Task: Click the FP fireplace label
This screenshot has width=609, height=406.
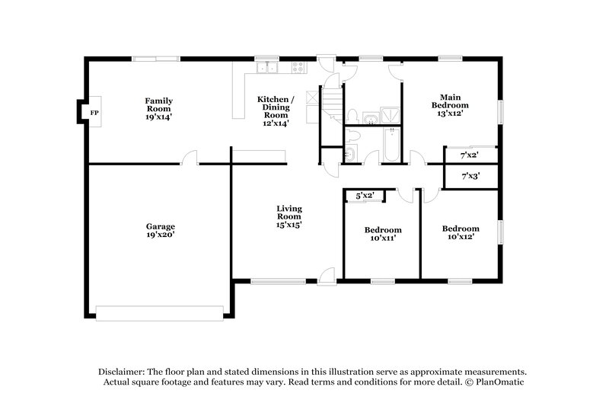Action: (94, 113)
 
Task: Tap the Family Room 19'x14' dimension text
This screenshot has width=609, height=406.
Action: (159, 117)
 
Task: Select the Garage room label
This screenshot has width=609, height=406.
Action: (161, 226)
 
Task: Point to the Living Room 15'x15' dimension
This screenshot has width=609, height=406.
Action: (289, 225)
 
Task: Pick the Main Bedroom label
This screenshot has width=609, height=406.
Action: (450, 101)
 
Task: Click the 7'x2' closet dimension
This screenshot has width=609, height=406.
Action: (469, 155)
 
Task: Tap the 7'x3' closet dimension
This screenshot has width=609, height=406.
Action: (470, 176)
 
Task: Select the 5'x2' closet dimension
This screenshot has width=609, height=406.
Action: (365, 196)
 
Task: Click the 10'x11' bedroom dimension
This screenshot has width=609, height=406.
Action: (382, 238)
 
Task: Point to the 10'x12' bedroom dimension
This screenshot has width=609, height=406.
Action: (461, 237)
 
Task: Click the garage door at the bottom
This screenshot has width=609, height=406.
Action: (160, 313)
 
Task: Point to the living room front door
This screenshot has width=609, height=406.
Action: (326, 276)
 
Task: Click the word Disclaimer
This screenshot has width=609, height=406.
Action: (122, 369)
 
